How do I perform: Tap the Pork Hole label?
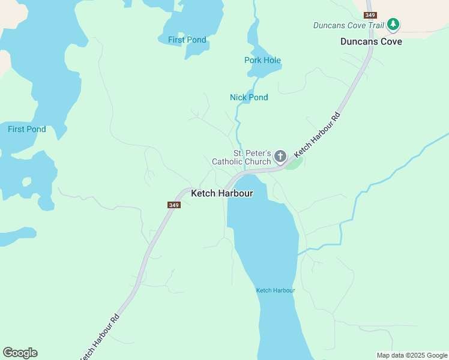262,61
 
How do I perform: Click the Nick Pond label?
249,97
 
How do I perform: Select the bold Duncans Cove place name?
371,41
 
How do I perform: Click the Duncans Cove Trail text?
348,25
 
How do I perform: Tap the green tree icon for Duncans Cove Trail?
393,24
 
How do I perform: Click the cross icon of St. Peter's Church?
280,157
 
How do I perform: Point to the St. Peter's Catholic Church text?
241,157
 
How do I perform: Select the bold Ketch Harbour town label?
221,193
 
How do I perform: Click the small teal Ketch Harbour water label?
276,290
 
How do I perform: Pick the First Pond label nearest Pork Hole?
187,40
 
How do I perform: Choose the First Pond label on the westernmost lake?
26,129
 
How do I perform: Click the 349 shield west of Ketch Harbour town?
173,205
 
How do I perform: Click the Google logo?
20,353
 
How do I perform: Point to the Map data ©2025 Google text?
412,355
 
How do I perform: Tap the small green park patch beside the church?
293,164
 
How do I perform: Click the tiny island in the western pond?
26,181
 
